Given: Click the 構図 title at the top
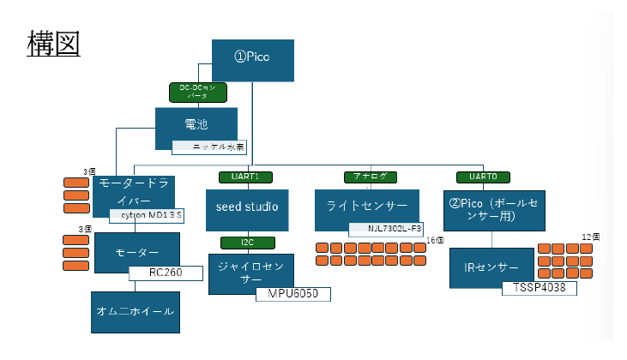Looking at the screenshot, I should [54, 43].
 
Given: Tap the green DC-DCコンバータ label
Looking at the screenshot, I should [198, 92].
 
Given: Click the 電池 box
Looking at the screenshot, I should [196, 125].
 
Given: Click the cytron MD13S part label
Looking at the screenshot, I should [147, 214].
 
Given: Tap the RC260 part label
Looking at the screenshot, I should [165, 273].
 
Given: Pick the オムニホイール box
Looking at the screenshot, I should [136, 312].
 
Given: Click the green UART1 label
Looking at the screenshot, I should [233, 177].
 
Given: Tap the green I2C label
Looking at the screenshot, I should [247, 243].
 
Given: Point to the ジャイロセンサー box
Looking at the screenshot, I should [250, 272].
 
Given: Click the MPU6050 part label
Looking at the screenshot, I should [292, 294].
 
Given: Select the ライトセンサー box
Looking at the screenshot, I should [366, 206].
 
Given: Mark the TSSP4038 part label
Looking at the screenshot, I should [539, 288].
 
